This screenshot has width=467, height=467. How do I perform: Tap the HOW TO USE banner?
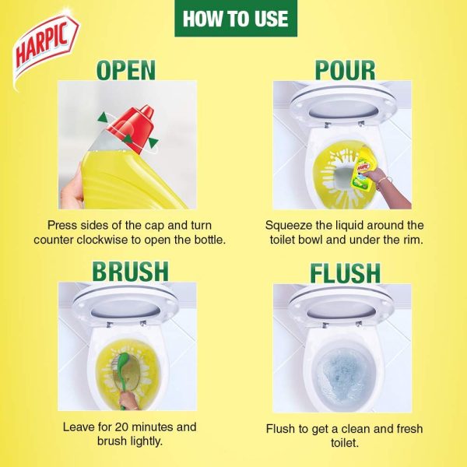(x=236, y=19)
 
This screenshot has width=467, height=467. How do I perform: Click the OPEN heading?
(x=126, y=70)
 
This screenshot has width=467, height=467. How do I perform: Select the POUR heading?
(x=345, y=70)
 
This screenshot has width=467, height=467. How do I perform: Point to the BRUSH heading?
(x=131, y=272)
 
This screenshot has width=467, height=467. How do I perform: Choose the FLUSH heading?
(x=345, y=273)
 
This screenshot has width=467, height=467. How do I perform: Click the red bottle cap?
(x=132, y=128)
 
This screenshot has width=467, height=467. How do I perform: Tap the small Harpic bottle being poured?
(x=362, y=169)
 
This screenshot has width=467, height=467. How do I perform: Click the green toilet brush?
(x=125, y=376)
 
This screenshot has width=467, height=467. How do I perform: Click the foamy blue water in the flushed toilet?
(x=343, y=376)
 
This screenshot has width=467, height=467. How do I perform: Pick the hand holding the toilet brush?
(x=128, y=401)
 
